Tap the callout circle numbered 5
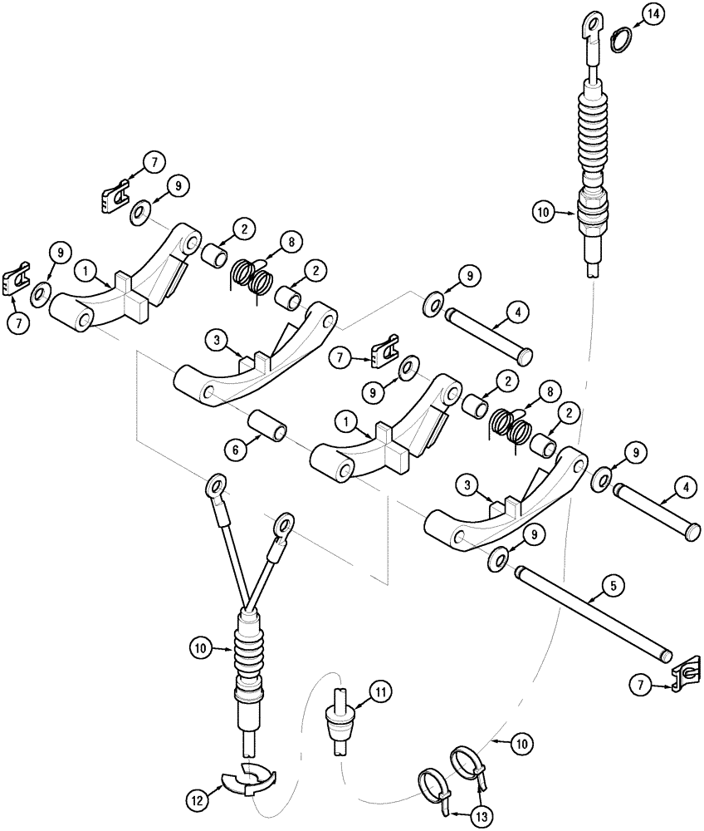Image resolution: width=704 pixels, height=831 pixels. click(612, 586)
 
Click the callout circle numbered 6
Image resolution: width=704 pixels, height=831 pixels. click(236, 449)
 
